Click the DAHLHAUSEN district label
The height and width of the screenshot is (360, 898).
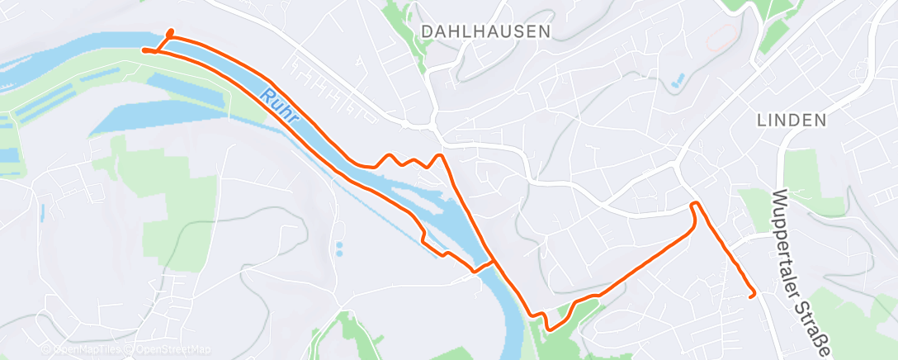point(484,31)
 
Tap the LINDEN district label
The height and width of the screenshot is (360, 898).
point(791,121)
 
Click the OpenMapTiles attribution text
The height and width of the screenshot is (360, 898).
point(82,350)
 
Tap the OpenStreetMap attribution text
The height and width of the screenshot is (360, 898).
point(170,350)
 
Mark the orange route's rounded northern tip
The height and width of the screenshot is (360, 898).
point(170,32)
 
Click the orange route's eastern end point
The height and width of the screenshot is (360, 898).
point(752,295)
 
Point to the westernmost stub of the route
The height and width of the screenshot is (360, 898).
point(144,50)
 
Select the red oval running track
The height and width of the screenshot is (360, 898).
point(723,36)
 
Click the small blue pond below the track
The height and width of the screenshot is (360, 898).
point(678,81)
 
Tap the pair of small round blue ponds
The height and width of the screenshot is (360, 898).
point(339,249)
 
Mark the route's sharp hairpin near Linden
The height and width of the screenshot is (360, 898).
point(695,203)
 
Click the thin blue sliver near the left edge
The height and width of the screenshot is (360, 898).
point(42,211)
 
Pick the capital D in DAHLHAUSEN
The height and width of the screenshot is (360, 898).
point(426,31)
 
